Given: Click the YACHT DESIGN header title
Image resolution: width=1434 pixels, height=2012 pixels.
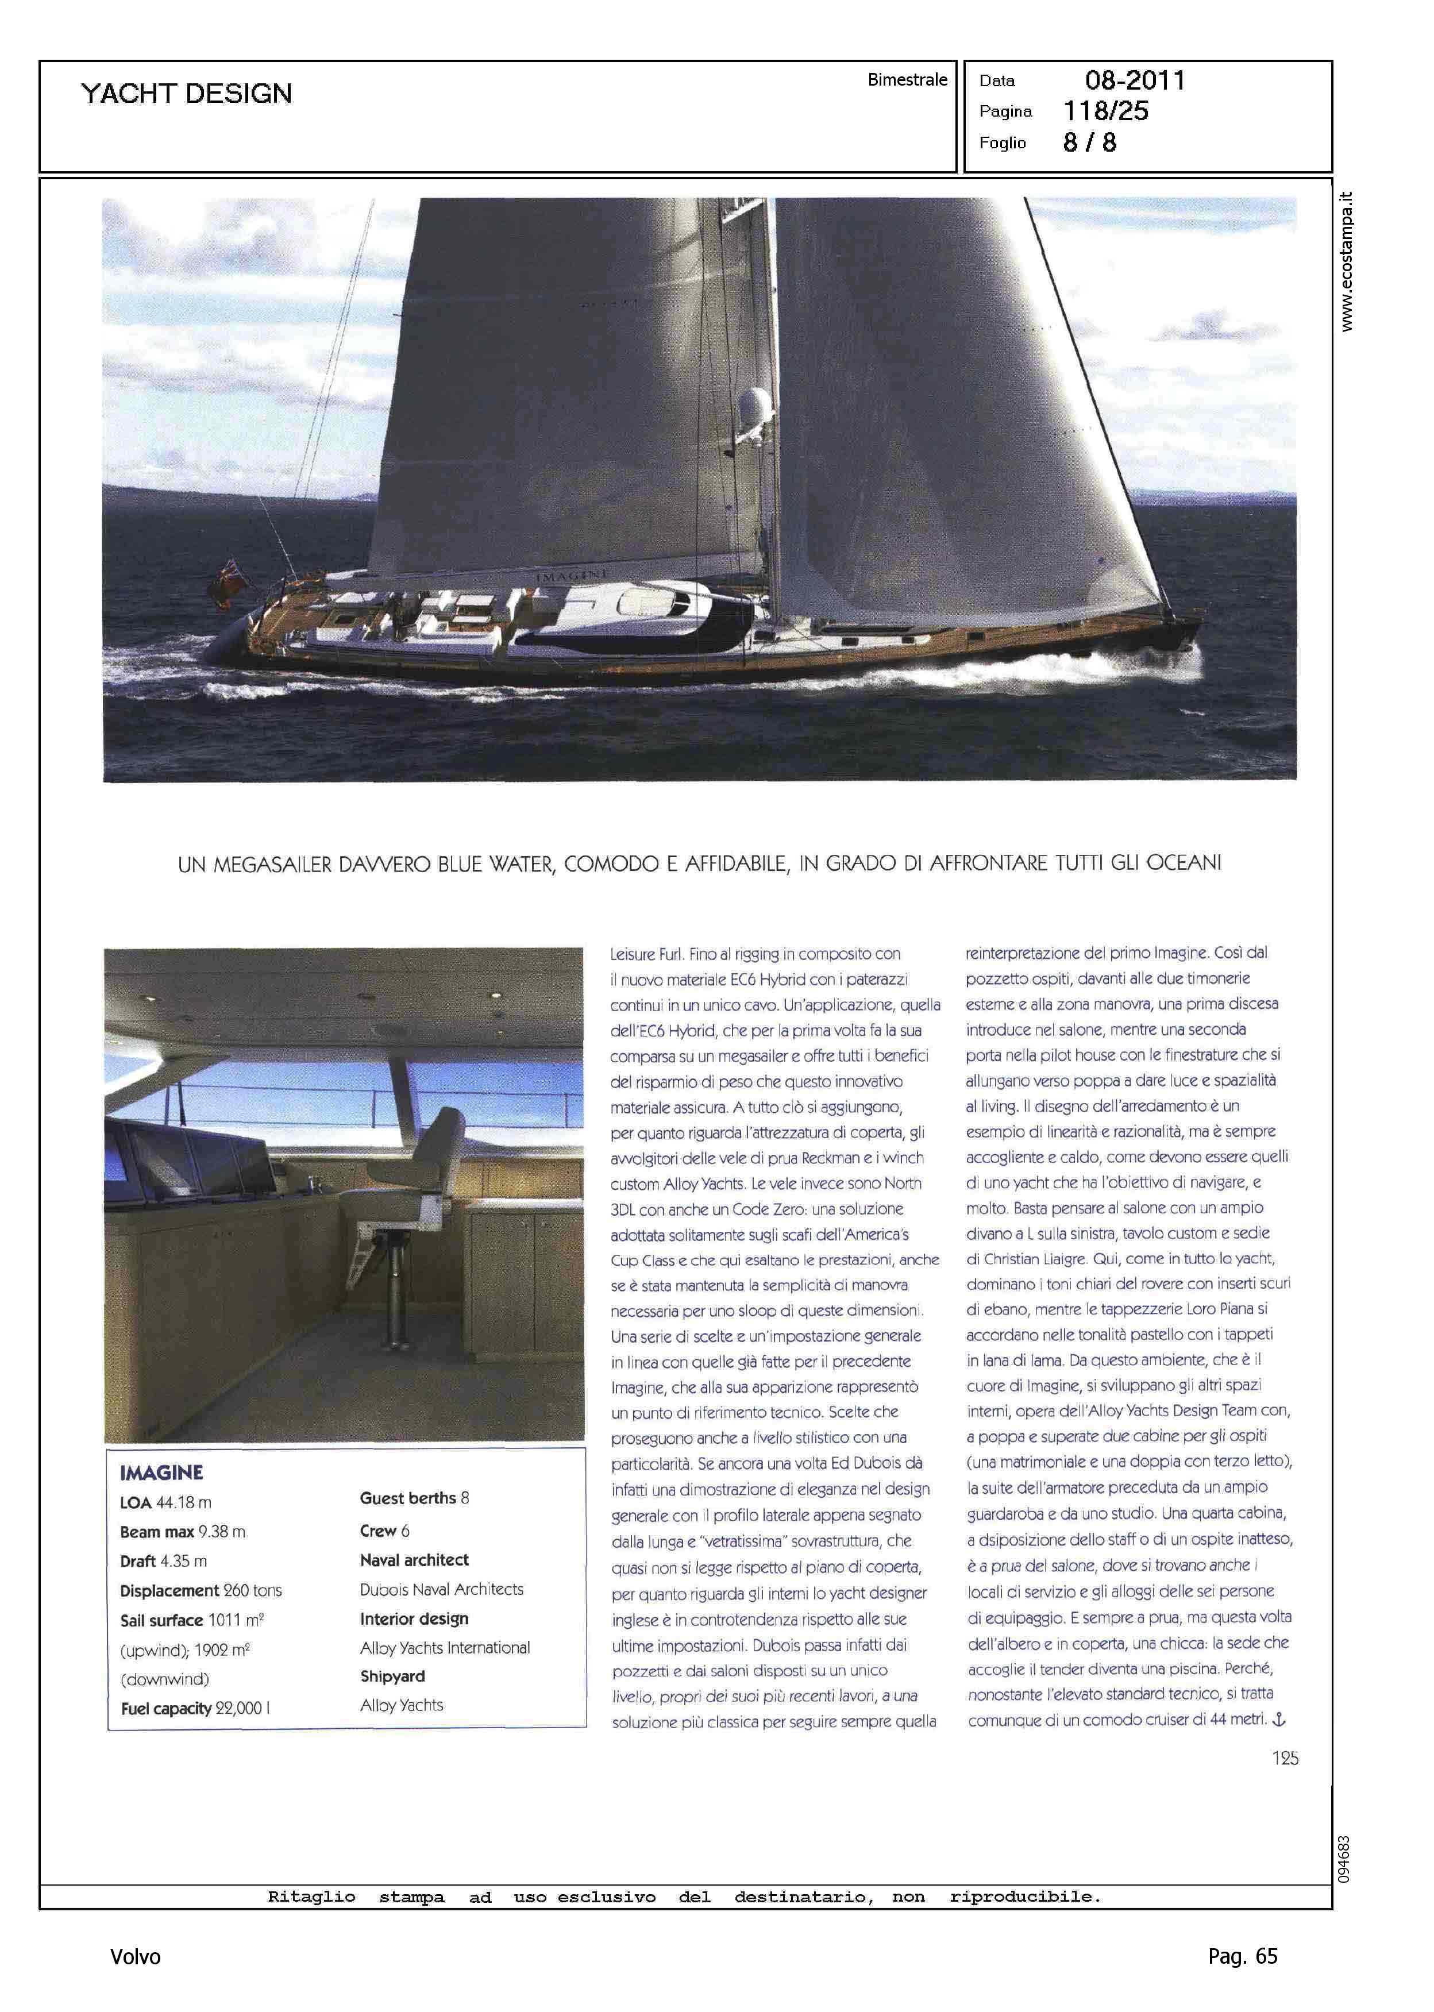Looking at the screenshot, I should (x=186, y=94).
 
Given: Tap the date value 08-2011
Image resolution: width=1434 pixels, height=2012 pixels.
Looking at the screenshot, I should (x=1135, y=80).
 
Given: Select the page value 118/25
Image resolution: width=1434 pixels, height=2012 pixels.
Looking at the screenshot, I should (x=1105, y=111).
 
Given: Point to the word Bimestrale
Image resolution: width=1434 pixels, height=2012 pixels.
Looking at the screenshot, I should (x=907, y=79).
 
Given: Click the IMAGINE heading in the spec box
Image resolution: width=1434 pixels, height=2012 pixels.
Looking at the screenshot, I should (x=161, y=1473).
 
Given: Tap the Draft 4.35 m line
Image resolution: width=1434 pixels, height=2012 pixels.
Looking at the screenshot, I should (x=163, y=1561).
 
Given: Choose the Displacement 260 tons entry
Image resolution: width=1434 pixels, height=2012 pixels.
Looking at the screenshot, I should (x=201, y=1590).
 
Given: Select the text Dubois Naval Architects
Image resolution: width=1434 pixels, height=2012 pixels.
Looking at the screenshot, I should (x=441, y=1589).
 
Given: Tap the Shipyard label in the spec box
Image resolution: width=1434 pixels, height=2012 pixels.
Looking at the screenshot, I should (x=392, y=1676).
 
